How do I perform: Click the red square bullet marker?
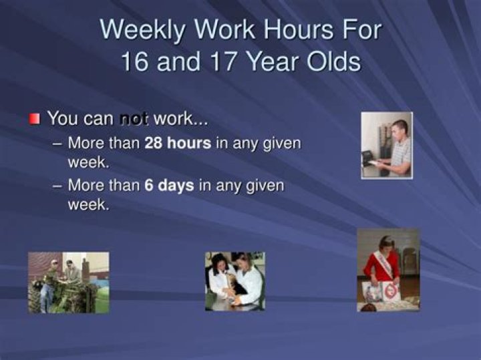[35, 120]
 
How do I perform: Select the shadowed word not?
[134, 120]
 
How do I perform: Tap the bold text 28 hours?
[178, 143]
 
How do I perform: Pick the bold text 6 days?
[169, 185]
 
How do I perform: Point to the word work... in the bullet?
[180, 120]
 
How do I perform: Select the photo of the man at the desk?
[387, 145]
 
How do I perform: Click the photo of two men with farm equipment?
[68, 282]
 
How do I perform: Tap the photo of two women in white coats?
[234, 281]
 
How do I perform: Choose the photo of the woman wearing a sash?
[388, 270]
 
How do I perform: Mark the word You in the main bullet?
[63, 120]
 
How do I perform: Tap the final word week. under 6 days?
[88, 204]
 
